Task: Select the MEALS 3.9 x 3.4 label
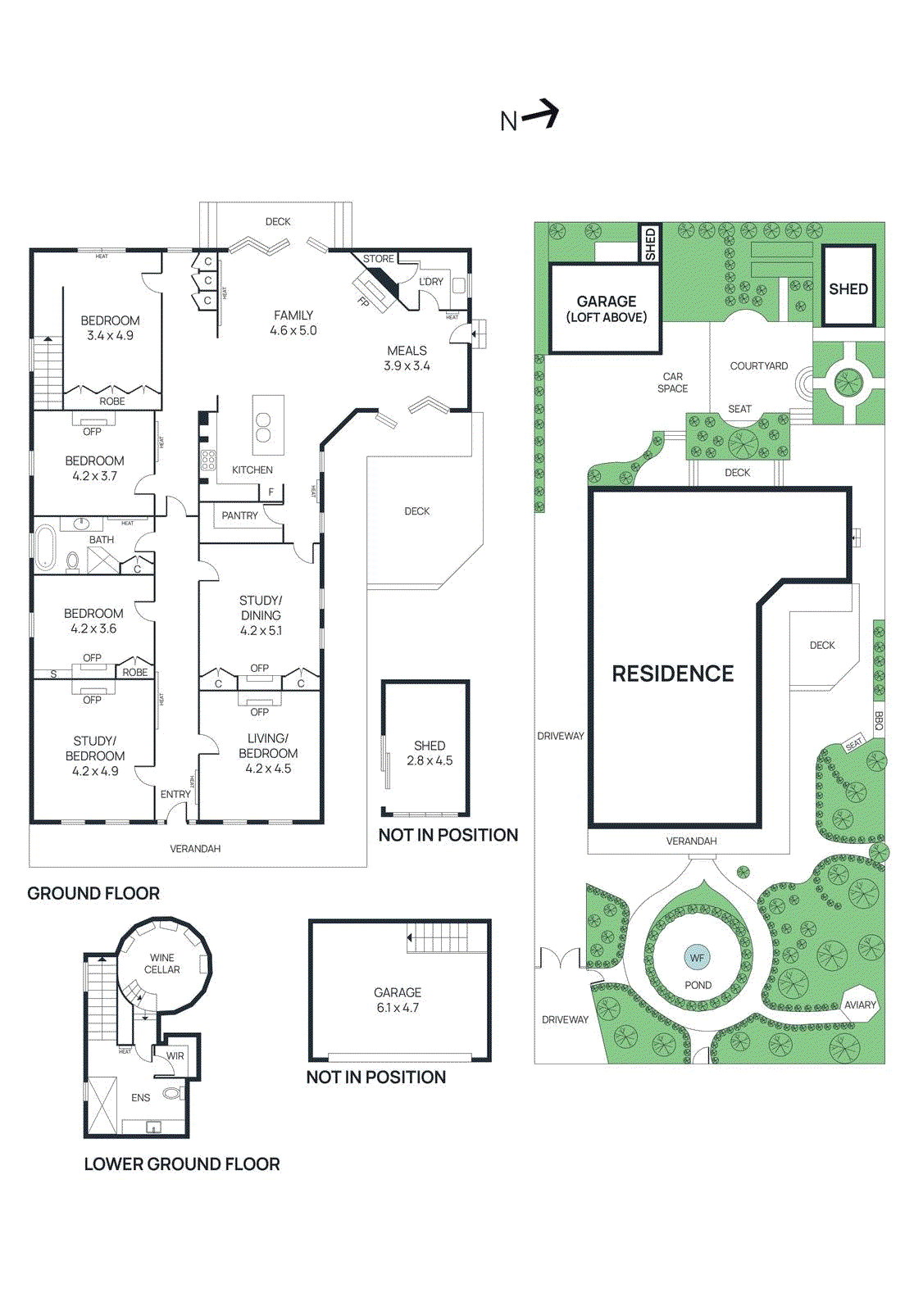click(x=407, y=358)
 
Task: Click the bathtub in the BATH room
click(x=44, y=548)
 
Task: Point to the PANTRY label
click(x=239, y=515)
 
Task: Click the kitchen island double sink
click(x=263, y=427)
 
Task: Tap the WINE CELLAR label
click(x=162, y=964)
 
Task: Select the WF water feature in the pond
click(x=697, y=957)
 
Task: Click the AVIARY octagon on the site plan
click(x=860, y=1005)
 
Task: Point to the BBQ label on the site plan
click(x=879, y=721)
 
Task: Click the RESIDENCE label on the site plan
click(x=673, y=674)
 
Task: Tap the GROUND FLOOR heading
click(x=93, y=893)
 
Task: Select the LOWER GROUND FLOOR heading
click(x=182, y=1164)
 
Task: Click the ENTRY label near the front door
click(x=175, y=794)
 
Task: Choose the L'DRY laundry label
click(x=431, y=281)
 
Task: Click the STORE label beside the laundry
click(x=379, y=259)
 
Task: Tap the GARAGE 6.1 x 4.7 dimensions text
click(x=398, y=1008)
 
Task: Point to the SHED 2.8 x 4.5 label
click(x=430, y=753)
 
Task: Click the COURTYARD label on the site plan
click(x=758, y=366)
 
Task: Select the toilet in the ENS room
click(x=171, y=1092)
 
